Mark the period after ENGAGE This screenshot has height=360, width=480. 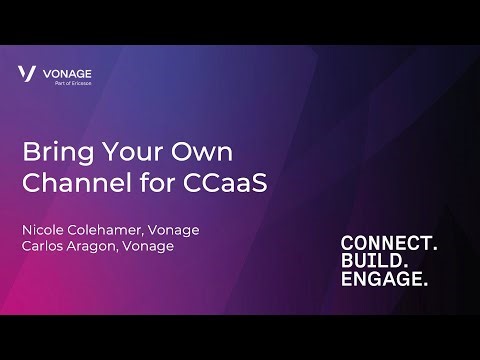click(x=425, y=288)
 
